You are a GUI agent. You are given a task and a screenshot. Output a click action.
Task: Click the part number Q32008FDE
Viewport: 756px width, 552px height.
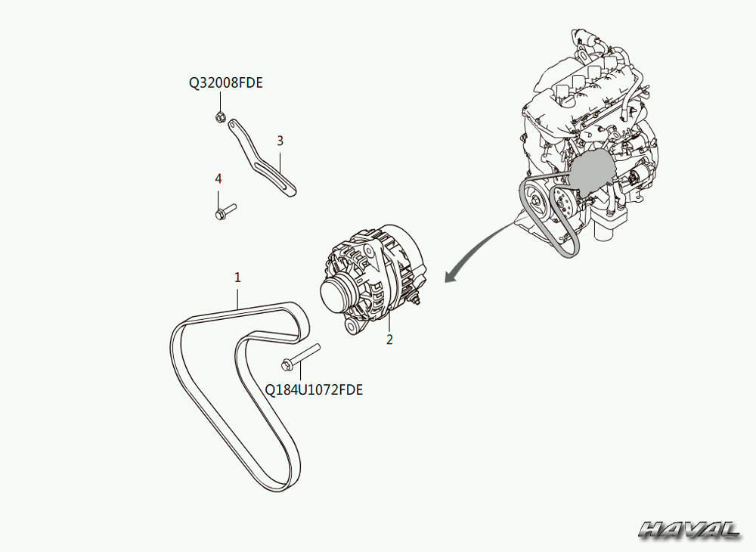[x=225, y=83]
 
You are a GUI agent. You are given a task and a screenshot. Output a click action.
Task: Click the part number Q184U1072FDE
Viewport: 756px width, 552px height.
[x=314, y=389]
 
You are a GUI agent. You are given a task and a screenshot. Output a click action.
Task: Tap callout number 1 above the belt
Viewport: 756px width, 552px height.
[x=237, y=278]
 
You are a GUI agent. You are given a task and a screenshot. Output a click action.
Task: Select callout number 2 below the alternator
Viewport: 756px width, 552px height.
[x=389, y=340]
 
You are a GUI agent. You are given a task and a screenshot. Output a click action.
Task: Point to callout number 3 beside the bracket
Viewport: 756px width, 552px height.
[x=280, y=141]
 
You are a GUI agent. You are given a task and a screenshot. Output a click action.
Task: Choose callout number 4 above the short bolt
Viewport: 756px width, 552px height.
[x=218, y=179]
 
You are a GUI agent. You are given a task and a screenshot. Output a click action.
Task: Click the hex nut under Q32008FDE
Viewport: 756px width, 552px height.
[x=220, y=117]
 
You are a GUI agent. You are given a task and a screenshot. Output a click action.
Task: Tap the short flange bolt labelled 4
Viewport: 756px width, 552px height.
[x=225, y=211]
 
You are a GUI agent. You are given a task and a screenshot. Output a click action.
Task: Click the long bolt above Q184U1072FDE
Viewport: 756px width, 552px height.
[x=301, y=357]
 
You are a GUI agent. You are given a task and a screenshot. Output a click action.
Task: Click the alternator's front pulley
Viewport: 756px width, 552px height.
[x=336, y=295]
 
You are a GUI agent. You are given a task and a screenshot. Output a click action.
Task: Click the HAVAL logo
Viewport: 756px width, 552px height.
[x=689, y=529]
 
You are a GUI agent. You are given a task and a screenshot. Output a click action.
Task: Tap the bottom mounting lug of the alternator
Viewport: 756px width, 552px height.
[x=352, y=327]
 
